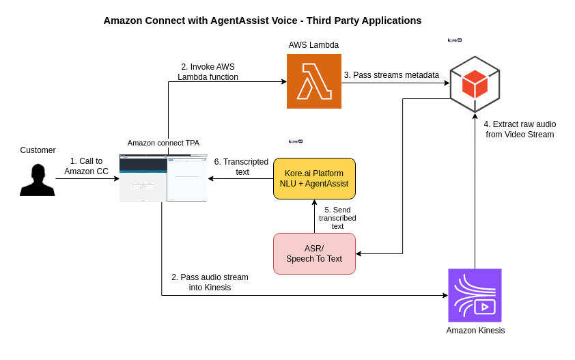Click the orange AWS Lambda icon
(x=313, y=81)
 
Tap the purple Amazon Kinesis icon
(x=475, y=295)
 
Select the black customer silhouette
(x=38, y=180)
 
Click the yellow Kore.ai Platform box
(x=314, y=178)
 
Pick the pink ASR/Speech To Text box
(x=314, y=253)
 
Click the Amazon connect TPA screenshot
(x=163, y=178)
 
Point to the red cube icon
(x=475, y=84)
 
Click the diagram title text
(x=262, y=20)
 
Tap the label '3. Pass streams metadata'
(x=391, y=75)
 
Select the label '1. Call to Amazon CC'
(x=86, y=166)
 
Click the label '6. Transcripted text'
(x=241, y=167)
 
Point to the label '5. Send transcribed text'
(x=337, y=218)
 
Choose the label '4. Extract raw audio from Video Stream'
(x=520, y=129)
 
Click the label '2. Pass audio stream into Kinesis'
(x=210, y=282)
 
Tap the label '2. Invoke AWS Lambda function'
(x=208, y=72)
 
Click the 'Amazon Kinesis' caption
(x=475, y=331)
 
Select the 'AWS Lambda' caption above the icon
(x=313, y=45)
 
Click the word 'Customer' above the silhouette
(x=38, y=150)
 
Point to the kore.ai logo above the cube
(x=455, y=40)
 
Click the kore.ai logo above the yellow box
(x=295, y=141)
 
